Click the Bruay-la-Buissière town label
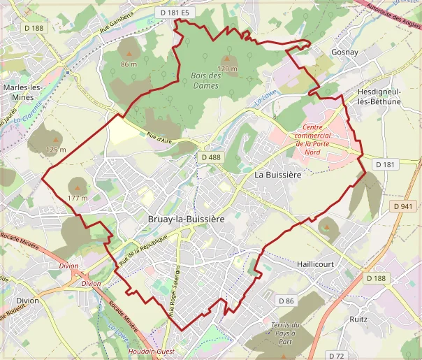coord(187,219)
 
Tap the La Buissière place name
coord(277,174)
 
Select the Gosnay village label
coord(345,52)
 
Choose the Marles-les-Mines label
coord(23,92)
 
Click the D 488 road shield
coord(210,157)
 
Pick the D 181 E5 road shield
coord(174,13)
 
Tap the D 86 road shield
coord(286,301)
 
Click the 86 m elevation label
coord(129,64)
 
